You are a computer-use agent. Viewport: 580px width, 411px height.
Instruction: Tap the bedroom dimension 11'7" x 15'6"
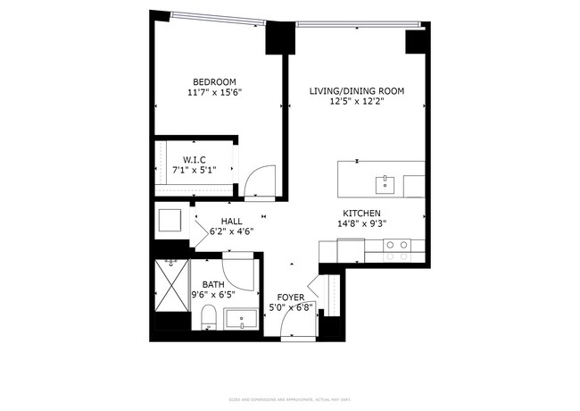[215, 92]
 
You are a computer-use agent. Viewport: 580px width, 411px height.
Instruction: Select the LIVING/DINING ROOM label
[357, 91]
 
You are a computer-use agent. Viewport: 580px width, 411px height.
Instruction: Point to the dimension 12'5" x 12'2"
[357, 102]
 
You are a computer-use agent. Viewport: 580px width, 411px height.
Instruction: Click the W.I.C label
[195, 159]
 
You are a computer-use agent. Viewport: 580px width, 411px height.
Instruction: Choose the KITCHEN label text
[360, 214]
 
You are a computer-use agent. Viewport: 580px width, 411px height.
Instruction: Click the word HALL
[232, 221]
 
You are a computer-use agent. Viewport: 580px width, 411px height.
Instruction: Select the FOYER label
[292, 297]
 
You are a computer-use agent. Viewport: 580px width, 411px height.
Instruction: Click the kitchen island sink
[385, 185]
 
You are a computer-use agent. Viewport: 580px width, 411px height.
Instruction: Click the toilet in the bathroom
[207, 316]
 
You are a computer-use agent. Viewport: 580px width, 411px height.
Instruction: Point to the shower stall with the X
[170, 285]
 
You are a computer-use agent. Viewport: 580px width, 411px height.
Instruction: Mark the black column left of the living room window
[279, 39]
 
